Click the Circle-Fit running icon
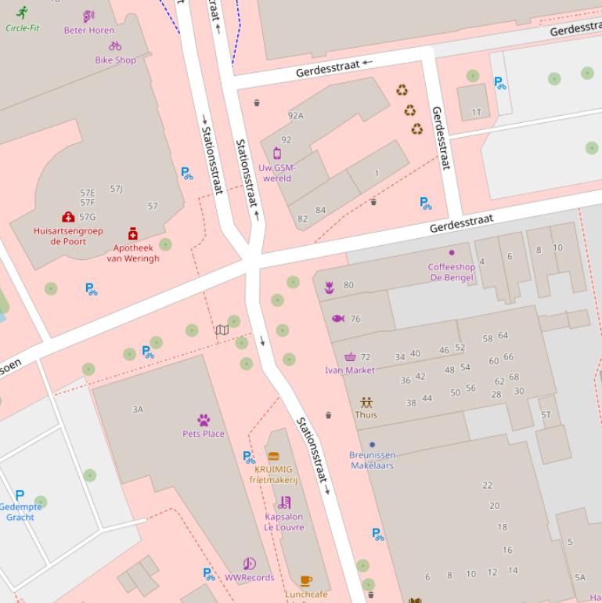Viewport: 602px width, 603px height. (x=21, y=13)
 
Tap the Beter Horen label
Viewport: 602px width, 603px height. (x=88, y=31)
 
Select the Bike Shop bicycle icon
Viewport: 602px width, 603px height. (x=115, y=46)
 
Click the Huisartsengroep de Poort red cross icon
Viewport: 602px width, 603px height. (x=68, y=217)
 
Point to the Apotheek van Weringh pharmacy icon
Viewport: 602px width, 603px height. (x=133, y=233)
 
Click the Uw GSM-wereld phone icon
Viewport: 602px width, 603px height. (x=276, y=153)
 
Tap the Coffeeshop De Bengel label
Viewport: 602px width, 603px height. (x=451, y=272)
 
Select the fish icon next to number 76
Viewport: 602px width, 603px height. (x=338, y=319)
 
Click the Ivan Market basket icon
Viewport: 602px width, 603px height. (x=350, y=357)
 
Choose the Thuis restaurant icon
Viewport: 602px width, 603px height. (x=366, y=403)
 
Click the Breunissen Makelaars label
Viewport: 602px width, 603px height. (x=372, y=460)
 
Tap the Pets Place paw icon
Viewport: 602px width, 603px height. (x=204, y=421)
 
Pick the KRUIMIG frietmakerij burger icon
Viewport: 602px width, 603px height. (x=273, y=457)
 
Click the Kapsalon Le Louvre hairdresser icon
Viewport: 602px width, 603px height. (x=284, y=503)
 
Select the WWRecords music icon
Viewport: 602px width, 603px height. (x=249, y=564)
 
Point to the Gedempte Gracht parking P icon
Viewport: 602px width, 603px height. (x=20, y=495)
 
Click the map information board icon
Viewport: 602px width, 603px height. (x=222, y=330)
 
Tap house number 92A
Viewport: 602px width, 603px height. (x=295, y=115)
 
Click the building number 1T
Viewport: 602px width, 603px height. (x=477, y=112)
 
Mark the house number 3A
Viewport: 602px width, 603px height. (x=138, y=409)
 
